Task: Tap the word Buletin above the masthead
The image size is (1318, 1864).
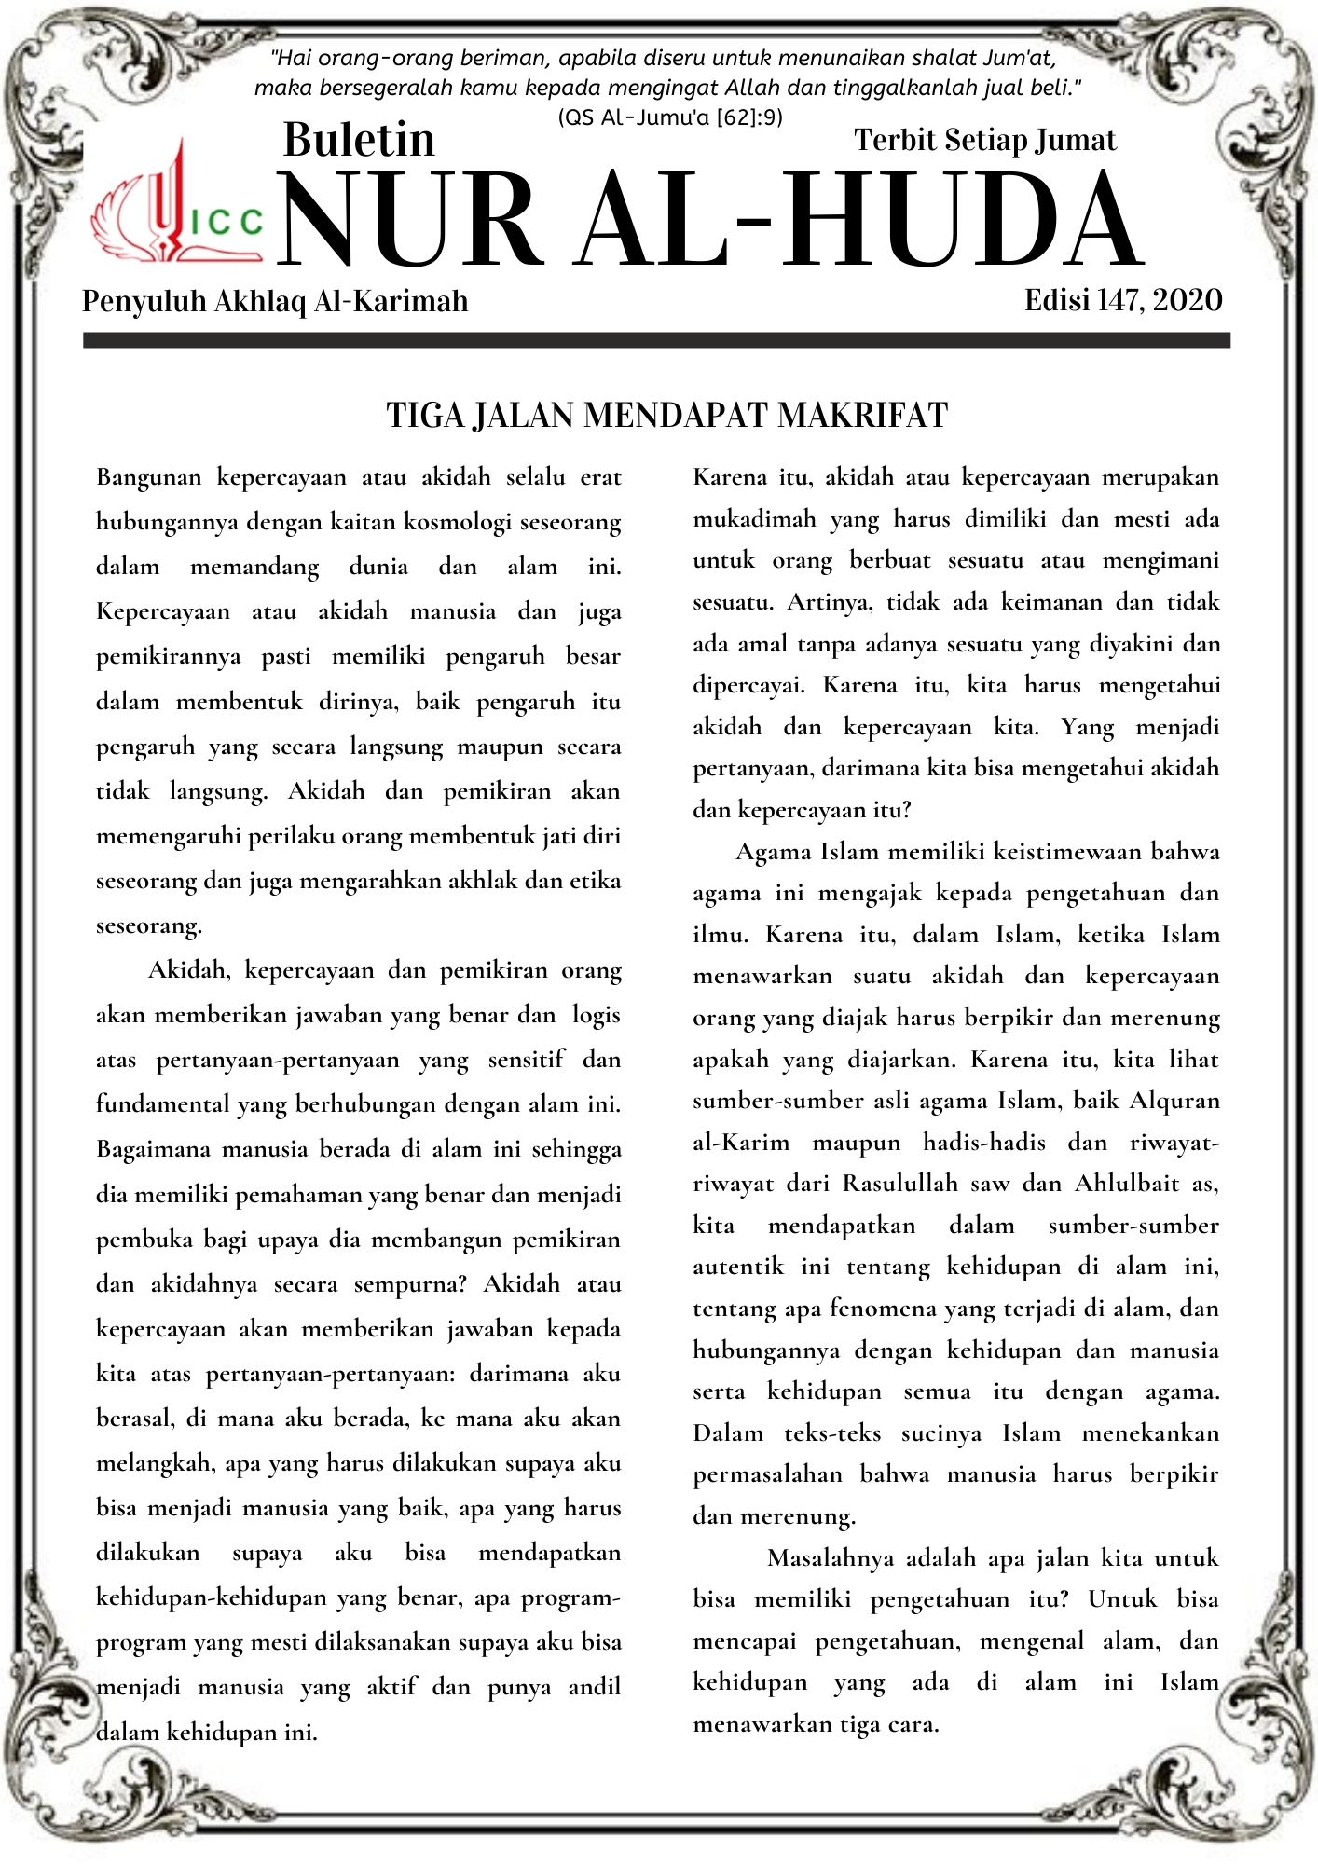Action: [x=359, y=140]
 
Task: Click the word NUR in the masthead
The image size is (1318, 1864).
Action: [x=410, y=221]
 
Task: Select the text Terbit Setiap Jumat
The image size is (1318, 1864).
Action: [x=984, y=140]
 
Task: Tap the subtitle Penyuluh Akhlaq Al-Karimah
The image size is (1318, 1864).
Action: [x=275, y=301]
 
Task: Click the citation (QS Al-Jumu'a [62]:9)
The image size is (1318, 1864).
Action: [x=669, y=117]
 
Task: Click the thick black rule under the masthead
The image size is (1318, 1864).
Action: [x=656, y=341]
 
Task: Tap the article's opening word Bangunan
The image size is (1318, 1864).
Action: [x=148, y=478]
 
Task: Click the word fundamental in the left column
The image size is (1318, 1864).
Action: [x=162, y=1105]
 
